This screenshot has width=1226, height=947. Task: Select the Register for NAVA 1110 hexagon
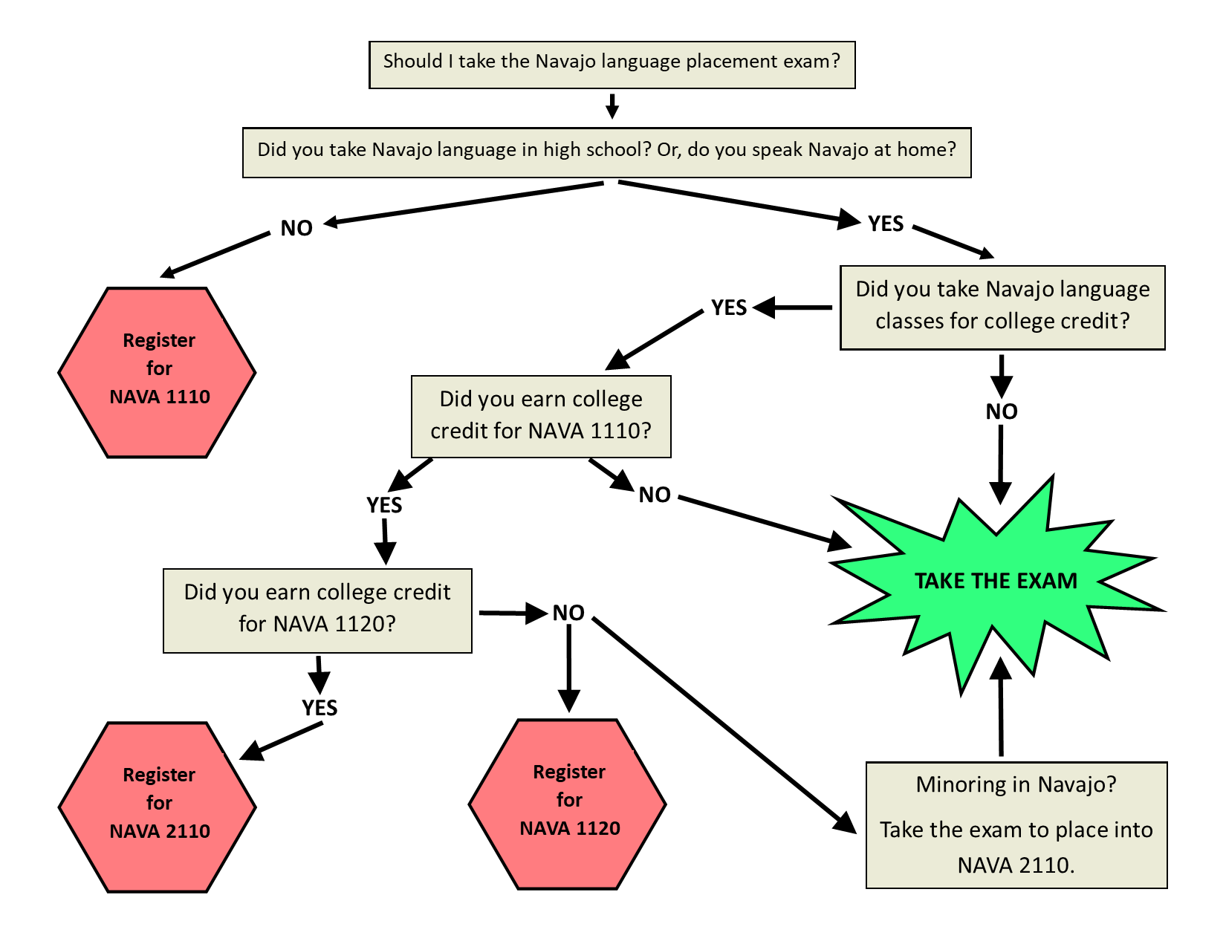pos(158,371)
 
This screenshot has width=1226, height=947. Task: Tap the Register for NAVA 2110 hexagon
pos(158,806)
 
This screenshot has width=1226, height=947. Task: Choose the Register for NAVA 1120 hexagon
pos(568,803)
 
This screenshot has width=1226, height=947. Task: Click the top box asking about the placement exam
pos(612,65)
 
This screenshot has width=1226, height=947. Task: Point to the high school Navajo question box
pos(606,152)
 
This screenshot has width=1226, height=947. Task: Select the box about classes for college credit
pos(1002,307)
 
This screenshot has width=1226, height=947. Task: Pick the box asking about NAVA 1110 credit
pos(541,416)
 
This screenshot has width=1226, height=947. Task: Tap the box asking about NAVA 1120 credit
pos(317,610)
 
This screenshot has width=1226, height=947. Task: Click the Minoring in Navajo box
pos(1016,824)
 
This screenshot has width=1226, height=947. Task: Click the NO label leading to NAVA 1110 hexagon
pos(296,228)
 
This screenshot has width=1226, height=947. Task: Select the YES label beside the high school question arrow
pos(886,224)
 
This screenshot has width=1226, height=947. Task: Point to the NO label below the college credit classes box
pos(1002,411)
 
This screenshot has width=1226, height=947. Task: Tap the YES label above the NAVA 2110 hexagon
pos(320,708)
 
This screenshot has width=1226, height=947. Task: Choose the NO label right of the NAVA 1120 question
pos(568,613)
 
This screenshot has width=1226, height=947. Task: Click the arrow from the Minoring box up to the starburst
pos(1001,709)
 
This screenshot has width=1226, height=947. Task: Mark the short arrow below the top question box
pos(612,105)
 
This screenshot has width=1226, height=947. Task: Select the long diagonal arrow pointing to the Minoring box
pos(724,724)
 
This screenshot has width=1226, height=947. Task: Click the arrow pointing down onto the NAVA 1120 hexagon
pos(568,668)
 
